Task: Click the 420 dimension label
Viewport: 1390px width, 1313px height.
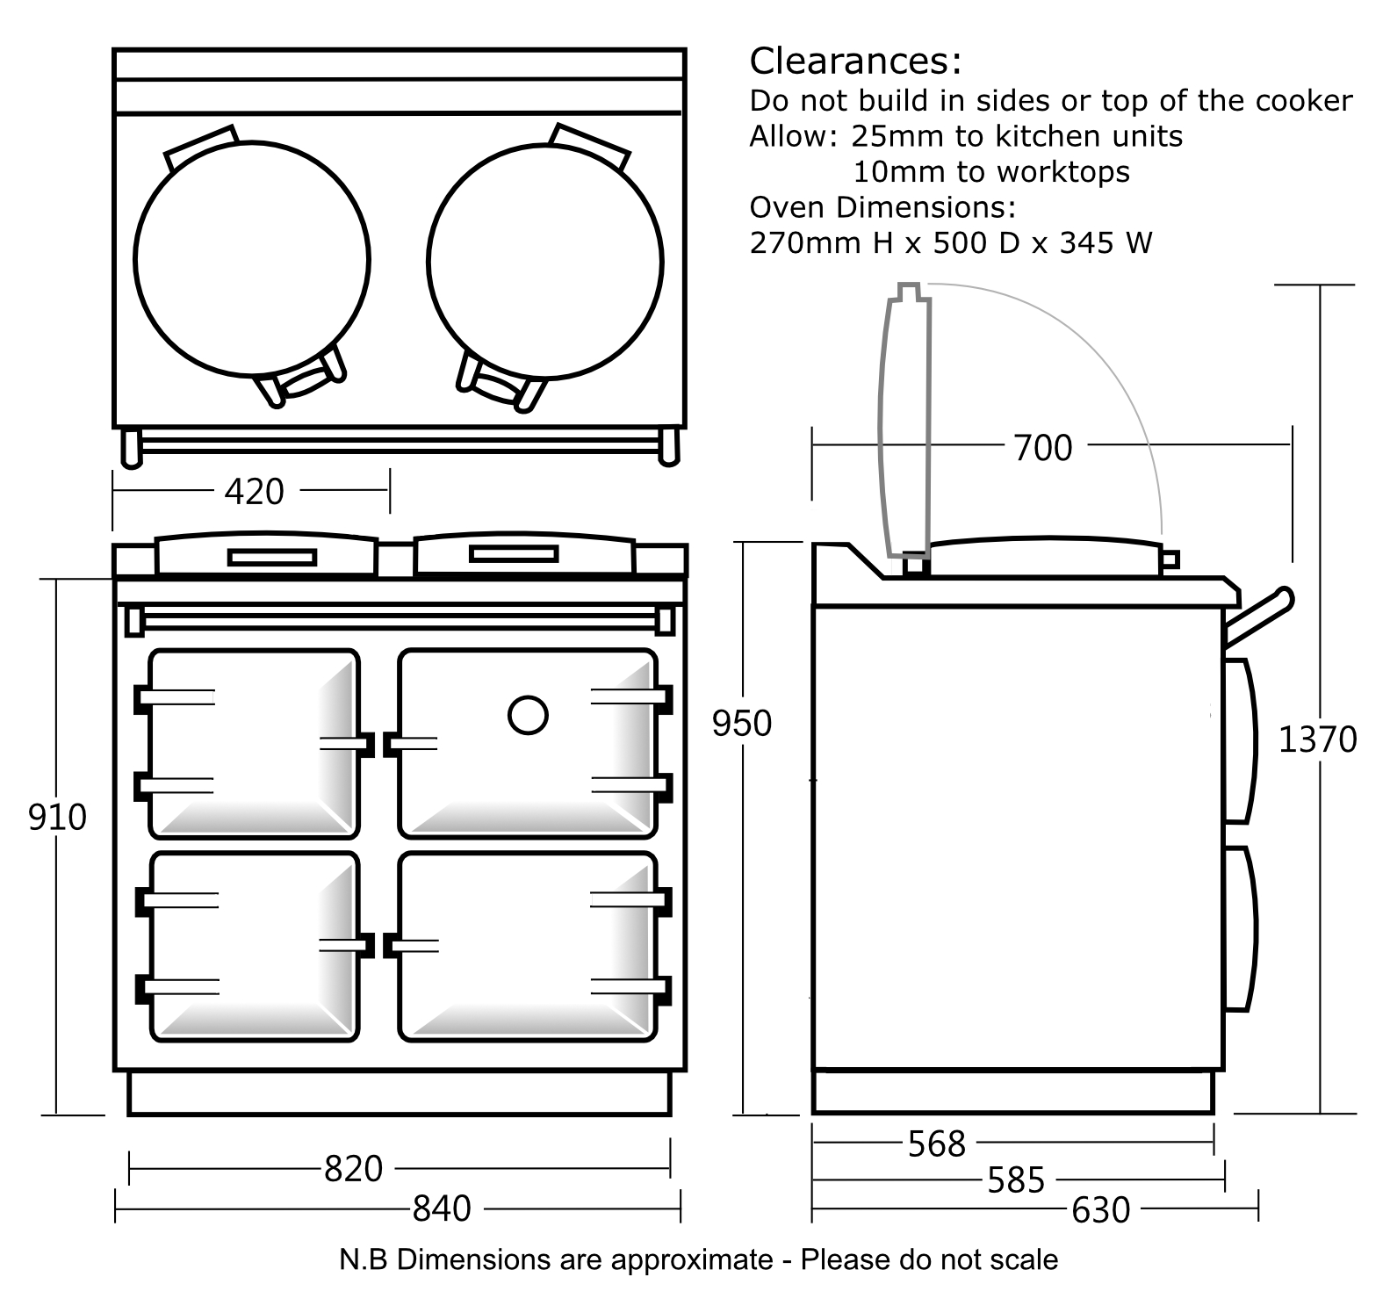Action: [x=254, y=492]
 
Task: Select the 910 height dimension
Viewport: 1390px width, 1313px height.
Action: [x=57, y=818]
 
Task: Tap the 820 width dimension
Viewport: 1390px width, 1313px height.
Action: [x=353, y=1169]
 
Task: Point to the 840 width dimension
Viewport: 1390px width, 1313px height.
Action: [x=442, y=1209]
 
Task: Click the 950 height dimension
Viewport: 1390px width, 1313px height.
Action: [x=741, y=724]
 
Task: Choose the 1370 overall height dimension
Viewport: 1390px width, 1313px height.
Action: [x=1316, y=740]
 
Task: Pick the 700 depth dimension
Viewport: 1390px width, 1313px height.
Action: [x=1042, y=449]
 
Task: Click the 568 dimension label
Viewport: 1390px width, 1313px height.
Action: [x=936, y=1144]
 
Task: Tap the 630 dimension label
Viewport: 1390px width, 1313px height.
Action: [x=1100, y=1211]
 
